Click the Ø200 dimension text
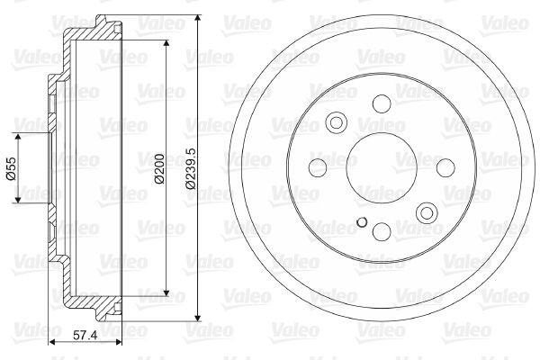(x=158, y=168)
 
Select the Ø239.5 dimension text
(x=189, y=168)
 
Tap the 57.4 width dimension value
(x=85, y=335)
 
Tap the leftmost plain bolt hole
(x=317, y=168)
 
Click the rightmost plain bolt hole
(x=445, y=168)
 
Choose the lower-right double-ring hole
(x=427, y=213)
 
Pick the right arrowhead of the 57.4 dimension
(x=119, y=343)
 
